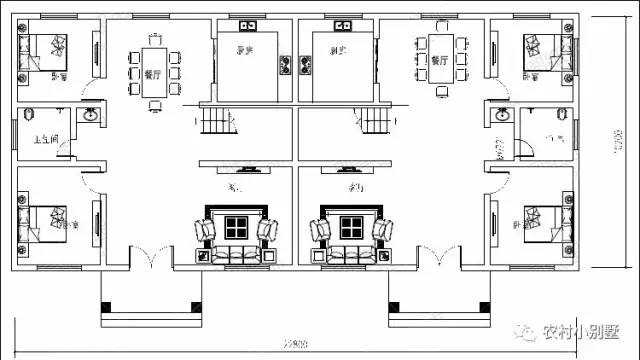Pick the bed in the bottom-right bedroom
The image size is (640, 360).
coord(541,218)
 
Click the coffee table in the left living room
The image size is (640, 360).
coord(237,227)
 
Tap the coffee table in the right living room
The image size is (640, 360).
coord(350,227)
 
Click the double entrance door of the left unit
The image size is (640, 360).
coord(150,262)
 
